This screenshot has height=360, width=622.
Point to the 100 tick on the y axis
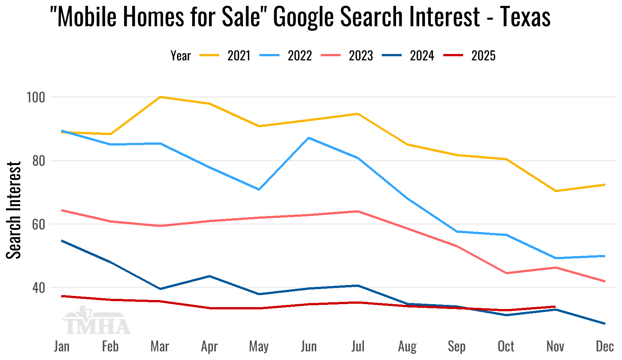pyautogui.click(x=35, y=97)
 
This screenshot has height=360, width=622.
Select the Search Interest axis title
pyautogui.click(x=14, y=210)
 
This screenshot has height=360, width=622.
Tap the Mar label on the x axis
pyautogui.click(x=160, y=346)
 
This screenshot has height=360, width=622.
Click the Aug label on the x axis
pyautogui.click(x=407, y=346)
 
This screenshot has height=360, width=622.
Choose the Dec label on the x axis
pyautogui.click(x=605, y=346)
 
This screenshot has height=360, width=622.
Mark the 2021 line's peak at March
pyautogui.click(x=160, y=97)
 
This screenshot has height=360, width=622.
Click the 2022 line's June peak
pyautogui.click(x=308, y=138)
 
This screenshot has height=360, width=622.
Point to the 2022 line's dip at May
pyautogui.click(x=259, y=189)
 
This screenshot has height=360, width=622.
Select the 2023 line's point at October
pyautogui.click(x=506, y=273)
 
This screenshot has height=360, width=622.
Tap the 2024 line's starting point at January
pyautogui.click(x=62, y=240)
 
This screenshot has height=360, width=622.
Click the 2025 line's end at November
pyautogui.click(x=555, y=307)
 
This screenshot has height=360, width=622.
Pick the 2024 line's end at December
pyautogui.click(x=604, y=324)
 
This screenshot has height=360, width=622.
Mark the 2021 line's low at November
pyautogui.click(x=556, y=191)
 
